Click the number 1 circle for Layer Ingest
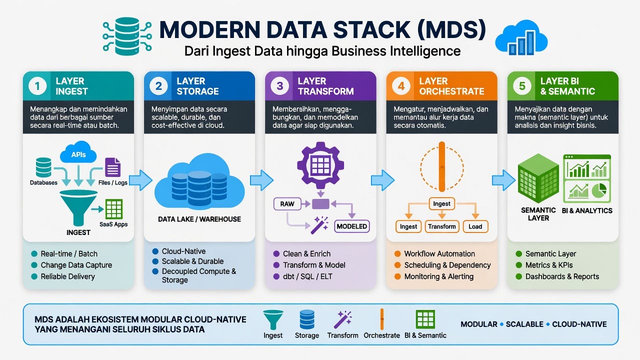(x=37, y=86)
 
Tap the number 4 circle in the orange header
(x=401, y=86)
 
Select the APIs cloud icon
(x=78, y=152)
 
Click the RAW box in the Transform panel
(x=287, y=204)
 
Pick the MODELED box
(x=351, y=226)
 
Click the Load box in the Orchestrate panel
(x=475, y=226)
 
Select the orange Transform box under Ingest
(x=441, y=226)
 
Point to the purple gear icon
(x=320, y=165)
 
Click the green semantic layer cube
(x=538, y=178)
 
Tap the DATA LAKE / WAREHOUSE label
(x=199, y=219)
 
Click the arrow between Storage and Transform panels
(x=261, y=180)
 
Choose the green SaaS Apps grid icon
(x=114, y=209)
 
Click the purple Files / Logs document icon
(x=112, y=167)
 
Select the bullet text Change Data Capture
(x=76, y=265)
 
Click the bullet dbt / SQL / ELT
(x=307, y=276)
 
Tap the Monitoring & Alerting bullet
(x=439, y=276)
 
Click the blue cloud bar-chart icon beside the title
(x=521, y=37)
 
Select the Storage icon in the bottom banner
(x=307, y=319)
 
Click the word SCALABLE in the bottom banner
(x=524, y=324)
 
